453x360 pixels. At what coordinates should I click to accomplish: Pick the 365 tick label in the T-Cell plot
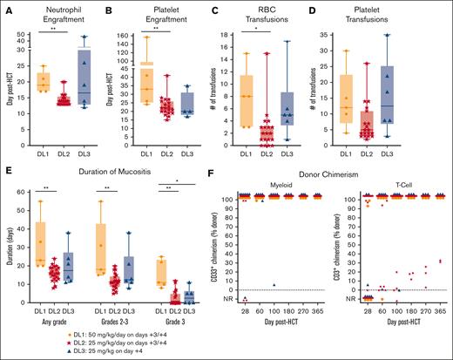pyautogui.click(x=441, y=310)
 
